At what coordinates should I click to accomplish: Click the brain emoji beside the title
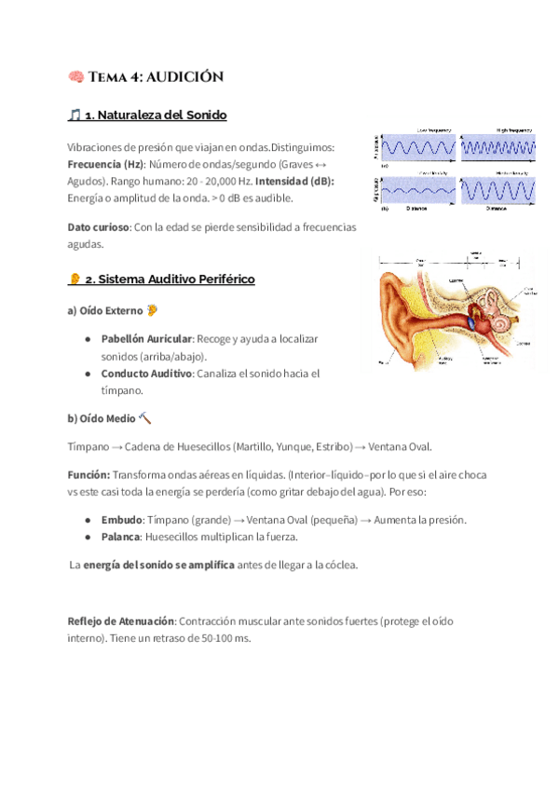point(75,76)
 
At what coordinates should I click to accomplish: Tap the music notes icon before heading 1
point(75,116)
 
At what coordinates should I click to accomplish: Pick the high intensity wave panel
point(501,191)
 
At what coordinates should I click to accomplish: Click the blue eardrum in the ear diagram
point(470,323)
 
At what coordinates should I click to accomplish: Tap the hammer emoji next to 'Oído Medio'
point(145,419)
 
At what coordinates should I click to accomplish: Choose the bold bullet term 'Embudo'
point(122,520)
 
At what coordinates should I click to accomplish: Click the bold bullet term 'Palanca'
point(122,538)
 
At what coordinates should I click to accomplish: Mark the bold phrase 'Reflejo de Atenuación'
point(121,621)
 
